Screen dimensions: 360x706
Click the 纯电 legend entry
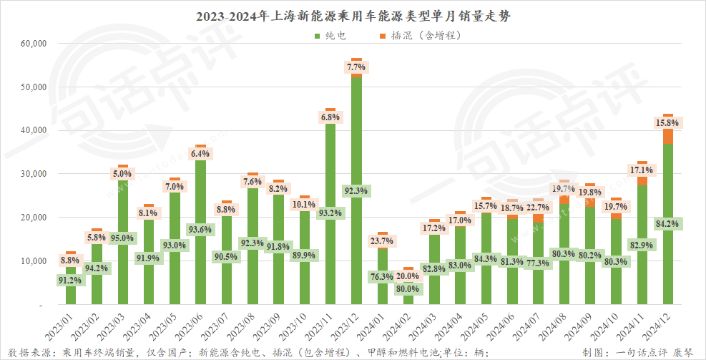point(330,34)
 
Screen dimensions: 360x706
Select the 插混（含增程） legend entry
point(421,34)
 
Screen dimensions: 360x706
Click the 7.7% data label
point(356,67)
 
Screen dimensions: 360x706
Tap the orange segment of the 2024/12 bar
point(668,136)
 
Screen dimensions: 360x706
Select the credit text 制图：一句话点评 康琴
point(638,351)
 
